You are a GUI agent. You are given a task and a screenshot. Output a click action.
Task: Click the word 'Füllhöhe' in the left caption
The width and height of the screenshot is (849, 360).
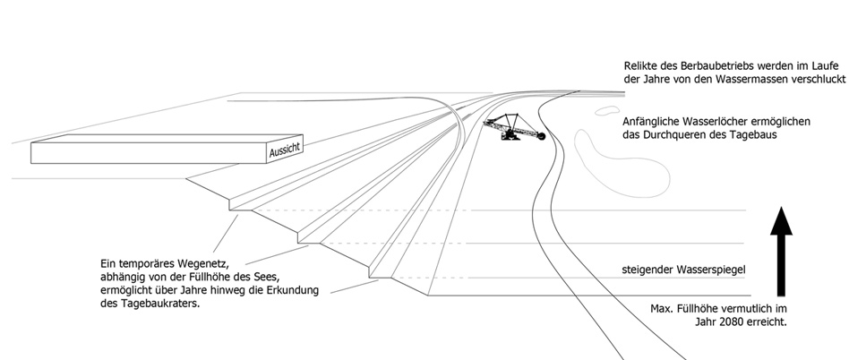[215, 278]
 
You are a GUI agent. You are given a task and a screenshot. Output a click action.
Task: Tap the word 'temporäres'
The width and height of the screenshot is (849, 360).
[147, 264]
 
